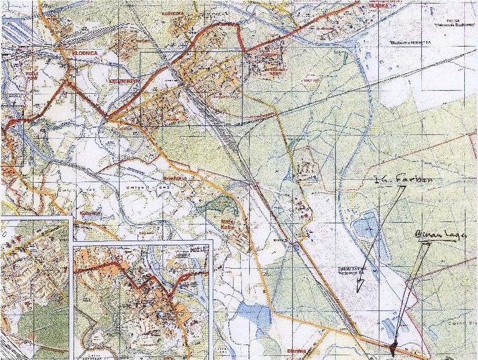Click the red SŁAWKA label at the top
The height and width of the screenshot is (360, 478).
point(379,5)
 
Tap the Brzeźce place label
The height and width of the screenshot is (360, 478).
point(171,178)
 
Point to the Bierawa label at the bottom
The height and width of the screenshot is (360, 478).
point(296,351)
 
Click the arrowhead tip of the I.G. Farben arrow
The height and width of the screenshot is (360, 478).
point(358,290)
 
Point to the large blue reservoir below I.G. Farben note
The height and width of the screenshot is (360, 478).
point(364,229)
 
